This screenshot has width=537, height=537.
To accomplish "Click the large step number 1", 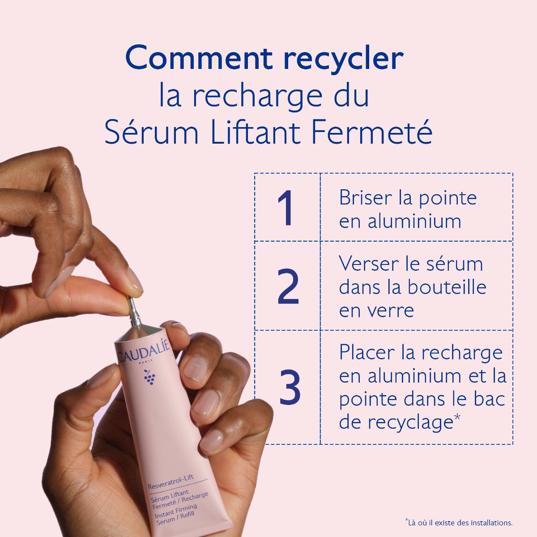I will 286,208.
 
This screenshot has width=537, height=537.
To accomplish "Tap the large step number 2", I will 287,286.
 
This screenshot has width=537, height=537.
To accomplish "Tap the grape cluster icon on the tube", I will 149,379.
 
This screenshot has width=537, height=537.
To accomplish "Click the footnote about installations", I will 458,522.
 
